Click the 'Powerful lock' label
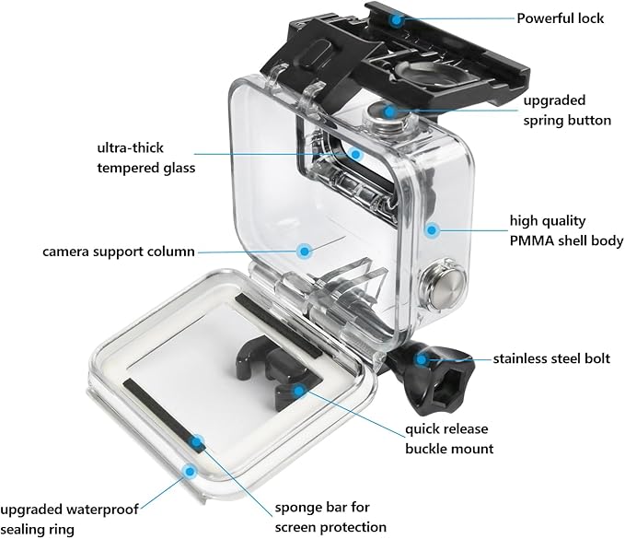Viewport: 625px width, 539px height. (x=560, y=18)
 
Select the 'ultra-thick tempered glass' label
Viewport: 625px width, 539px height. (x=146, y=157)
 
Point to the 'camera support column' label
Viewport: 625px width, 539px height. (x=119, y=251)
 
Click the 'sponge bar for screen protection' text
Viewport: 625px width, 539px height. (x=330, y=518)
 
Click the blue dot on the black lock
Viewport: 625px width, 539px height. (x=394, y=18)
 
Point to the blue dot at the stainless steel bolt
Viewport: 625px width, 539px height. (x=421, y=357)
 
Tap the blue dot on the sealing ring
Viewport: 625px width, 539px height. (x=191, y=471)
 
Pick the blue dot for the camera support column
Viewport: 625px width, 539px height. (x=304, y=249)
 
